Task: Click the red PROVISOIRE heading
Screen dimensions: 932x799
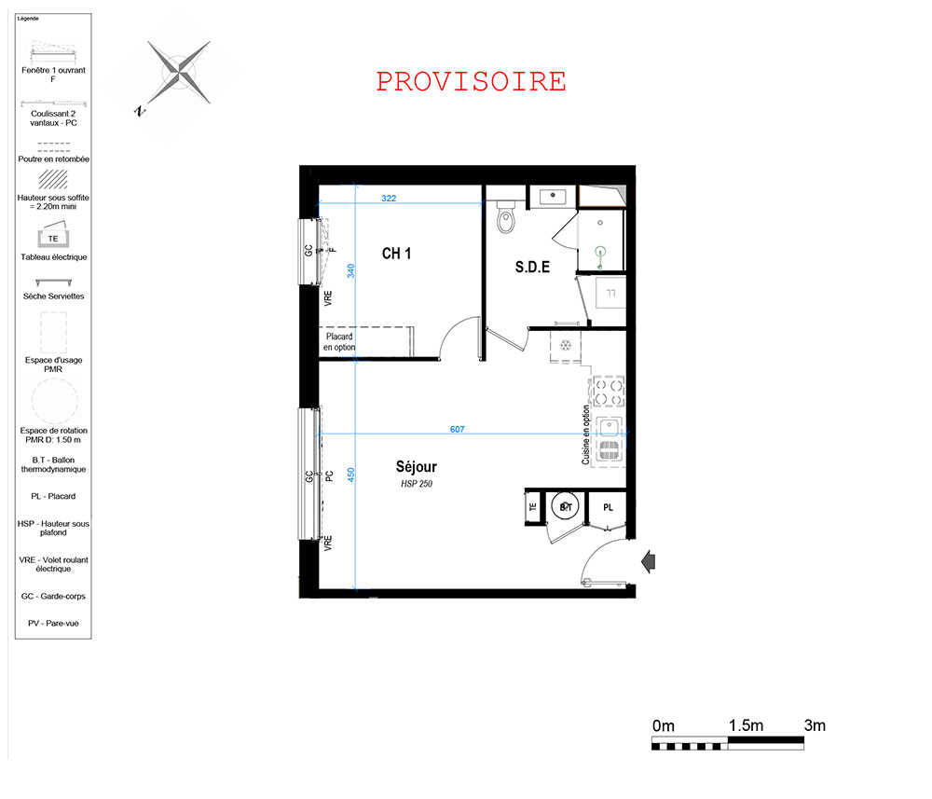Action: (471, 82)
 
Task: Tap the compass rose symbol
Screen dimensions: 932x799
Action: (178, 73)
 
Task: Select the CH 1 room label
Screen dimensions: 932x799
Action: (396, 254)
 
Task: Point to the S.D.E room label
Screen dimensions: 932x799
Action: (532, 268)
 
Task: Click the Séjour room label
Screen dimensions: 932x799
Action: (416, 467)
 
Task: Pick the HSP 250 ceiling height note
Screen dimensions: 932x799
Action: (416, 484)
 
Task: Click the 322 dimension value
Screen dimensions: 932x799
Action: (389, 198)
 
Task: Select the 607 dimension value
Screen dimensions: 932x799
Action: (457, 429)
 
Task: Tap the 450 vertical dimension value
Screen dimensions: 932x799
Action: (351, 475)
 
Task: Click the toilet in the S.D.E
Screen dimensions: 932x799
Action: (506, 215)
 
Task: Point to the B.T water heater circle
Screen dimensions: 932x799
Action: (566, 507)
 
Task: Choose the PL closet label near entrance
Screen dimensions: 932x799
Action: (608, 508)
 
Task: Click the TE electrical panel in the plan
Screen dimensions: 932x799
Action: (533, 507)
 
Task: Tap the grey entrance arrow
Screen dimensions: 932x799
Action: (649, 561)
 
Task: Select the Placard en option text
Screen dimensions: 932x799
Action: (339, 342)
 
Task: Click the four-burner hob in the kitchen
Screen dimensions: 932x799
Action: (609, 392)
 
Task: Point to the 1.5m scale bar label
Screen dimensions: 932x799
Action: (746, 725)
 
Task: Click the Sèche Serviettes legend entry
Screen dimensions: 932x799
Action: (53, 296)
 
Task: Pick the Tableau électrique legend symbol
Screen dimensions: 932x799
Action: (53, 235)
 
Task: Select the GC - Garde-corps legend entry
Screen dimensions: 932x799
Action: (53, 597)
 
